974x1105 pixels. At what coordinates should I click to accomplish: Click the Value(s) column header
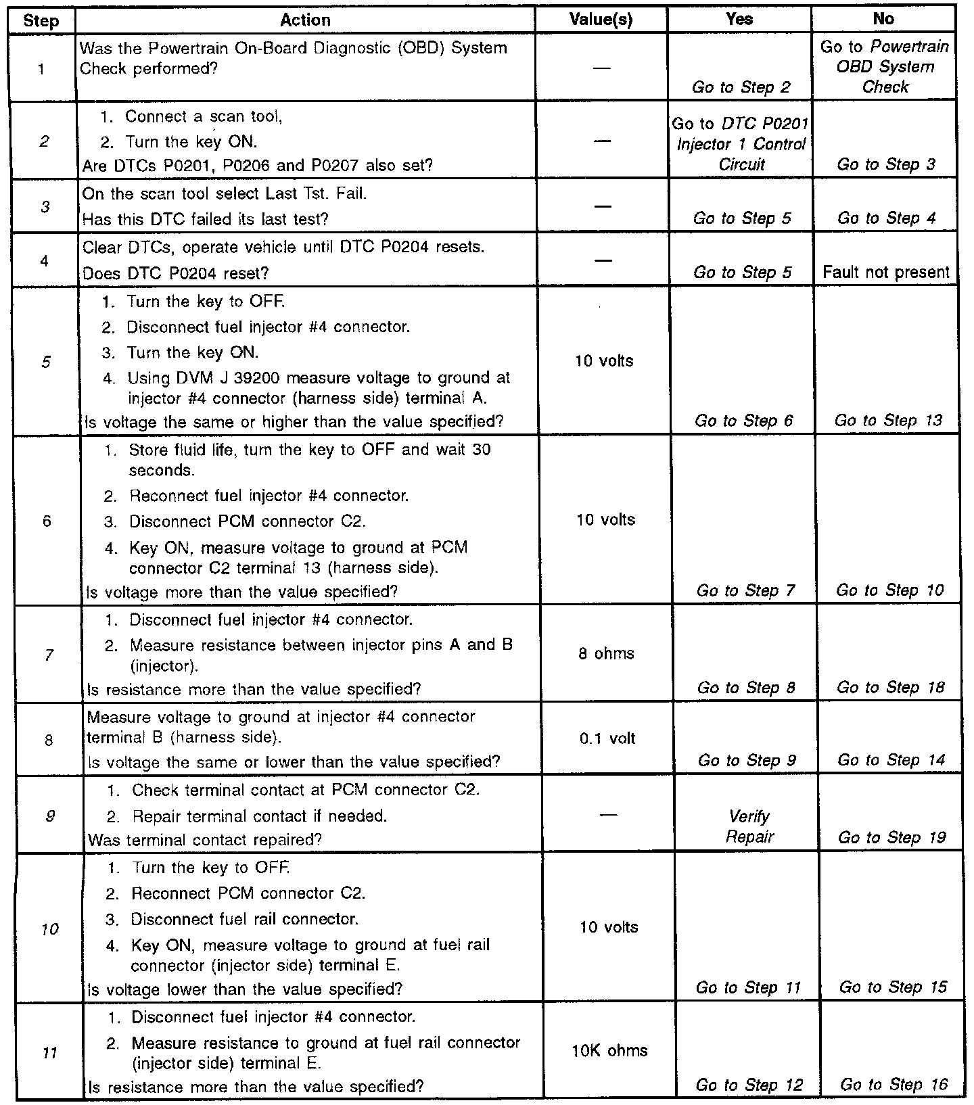pyautogui.click(x=601, y=20)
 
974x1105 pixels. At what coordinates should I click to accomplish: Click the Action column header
pyautogui.click(x=305, y=20)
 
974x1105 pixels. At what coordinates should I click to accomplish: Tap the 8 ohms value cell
pyautogui.click(x=606, y=654)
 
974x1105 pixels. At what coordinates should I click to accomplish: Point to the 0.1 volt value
pyautogui.click(x=607, y=738)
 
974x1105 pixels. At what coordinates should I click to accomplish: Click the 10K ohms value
pyautogui.click(x=609, y=1050)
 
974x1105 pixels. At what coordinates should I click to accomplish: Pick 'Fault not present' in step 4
pyautogui.click(x=886, y=273)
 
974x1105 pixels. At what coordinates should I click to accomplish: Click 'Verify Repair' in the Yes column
pyautogui.click(x=749, y=826)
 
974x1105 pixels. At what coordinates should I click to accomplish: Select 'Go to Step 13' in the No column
pyautogui.click(x=887, y=421)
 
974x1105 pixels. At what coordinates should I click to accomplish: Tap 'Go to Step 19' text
pyautogui.click(x=891, y=838)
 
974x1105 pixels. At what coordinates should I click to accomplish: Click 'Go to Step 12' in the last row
pyautogui.click(x=749, y=1085)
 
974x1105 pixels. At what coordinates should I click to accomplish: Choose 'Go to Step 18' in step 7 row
pyautogui.click(x=890, y=688)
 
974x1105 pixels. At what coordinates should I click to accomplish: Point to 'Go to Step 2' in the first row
pyautogui.click(x=741, y=87)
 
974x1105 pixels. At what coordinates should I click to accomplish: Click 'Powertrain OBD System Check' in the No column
pyautogui.click(x=884, y=67)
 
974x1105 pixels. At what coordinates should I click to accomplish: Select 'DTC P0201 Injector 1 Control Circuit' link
pyautogui.click(x=741, y=144)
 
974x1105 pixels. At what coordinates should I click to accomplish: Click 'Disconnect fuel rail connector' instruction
pyautogui.click(x=244, y=920)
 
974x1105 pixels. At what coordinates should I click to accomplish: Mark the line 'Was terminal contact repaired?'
pyautogui.click(x=205, y=840)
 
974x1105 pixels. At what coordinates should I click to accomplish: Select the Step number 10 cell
pyautogui.click(x=49, y=929)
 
